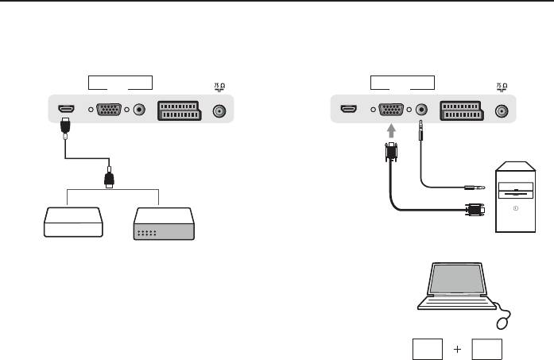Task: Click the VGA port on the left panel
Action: pyautogui.click(x=110, y=111)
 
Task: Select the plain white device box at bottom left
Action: pyautogui.click(x=72, y=223)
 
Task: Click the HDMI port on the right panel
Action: pyautogui.click(x=347, y=110)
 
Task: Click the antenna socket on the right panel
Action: pyautogui.click(x=501, y=111)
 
